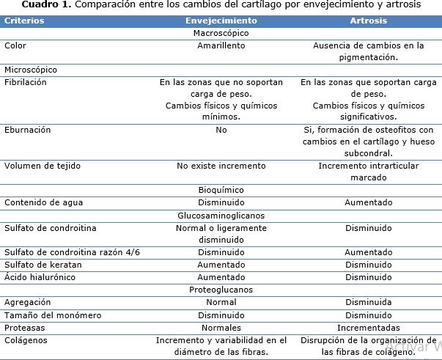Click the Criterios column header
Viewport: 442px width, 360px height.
(x=25, y=21)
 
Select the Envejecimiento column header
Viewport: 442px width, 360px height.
(x=221, y=21)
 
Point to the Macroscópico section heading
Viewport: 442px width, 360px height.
(x=221, y=33)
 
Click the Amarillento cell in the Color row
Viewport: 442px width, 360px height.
(x=221, y=45)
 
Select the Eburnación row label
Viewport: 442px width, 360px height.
(x=28, y=129)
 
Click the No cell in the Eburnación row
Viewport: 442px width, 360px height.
(x=221, y=129)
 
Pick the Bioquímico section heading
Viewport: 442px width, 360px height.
(x=221, y=190)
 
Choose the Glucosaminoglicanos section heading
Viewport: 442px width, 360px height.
(x=221, y=216)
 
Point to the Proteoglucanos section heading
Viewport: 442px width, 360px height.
(x=221, y=290)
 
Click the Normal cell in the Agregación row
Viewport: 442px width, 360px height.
(x=221, y=302)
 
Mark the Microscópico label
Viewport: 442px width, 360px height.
(x=31, y=70)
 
